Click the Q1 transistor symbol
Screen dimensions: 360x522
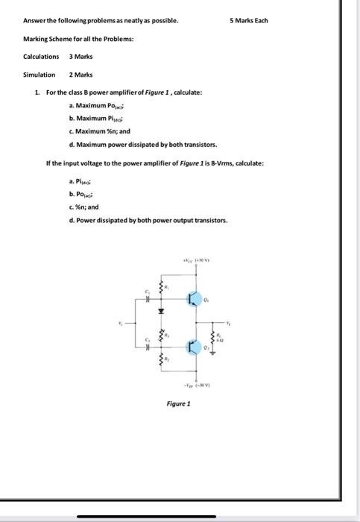pyautogui.click(x=192, y=299)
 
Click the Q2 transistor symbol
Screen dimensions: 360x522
pyautogui.click(x=192, y=348)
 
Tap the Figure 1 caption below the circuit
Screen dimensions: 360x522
pyautogui.click(x=178, y=403)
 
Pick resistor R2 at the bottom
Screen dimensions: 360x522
pyautogui.click(x=163, y=361)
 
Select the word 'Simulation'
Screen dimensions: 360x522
pyautogui.click(x=40, y=75)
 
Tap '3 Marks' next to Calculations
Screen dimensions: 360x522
pyautogui.click(x=81, y=57)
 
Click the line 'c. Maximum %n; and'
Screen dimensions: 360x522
pyautogui.click(x=98, y=130)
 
